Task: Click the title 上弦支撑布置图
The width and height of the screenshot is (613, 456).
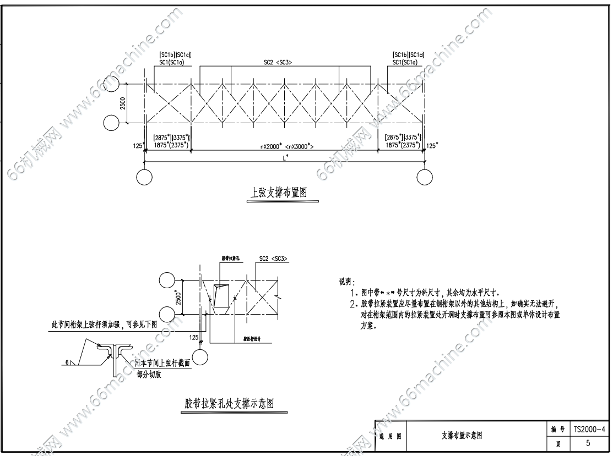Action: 278,193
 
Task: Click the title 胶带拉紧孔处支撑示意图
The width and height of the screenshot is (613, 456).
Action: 229,403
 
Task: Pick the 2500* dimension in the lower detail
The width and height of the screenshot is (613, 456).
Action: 177,297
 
